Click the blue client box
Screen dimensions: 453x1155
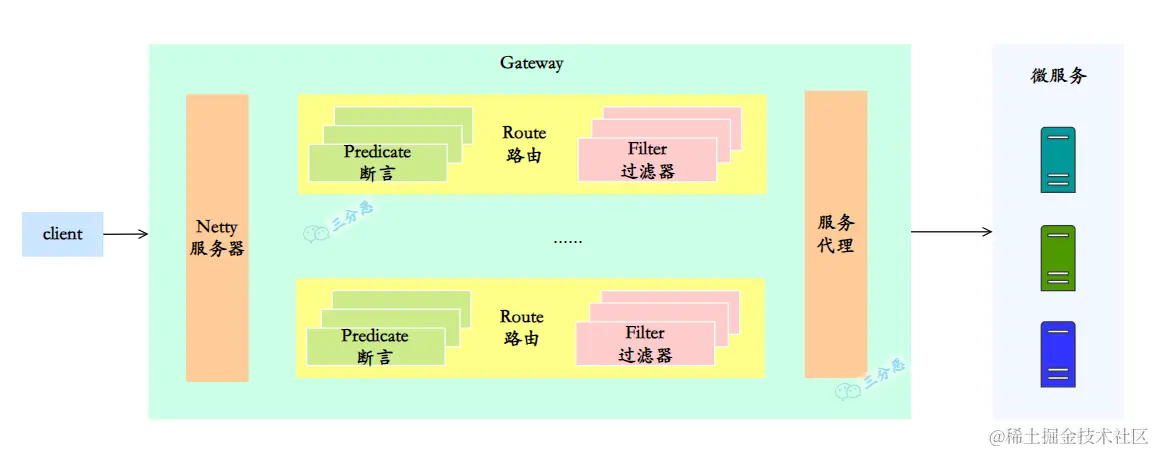pos(62,234)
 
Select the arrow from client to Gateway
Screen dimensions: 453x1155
pos(125,234)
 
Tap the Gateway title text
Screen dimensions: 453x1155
pos(531,63)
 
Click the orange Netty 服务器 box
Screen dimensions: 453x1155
pos(217,238)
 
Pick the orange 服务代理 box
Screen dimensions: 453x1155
pos(835,234)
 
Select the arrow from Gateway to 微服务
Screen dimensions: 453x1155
pos(950,232)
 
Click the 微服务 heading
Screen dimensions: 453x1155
pos(1058,76)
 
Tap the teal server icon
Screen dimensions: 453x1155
pos(1057,159)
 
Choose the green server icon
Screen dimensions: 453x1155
pos(1057,258)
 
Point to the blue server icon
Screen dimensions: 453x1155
pos(1057,354)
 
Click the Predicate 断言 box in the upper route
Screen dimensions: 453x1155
pos(377,162)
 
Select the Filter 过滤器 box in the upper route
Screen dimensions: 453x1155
pos(647,160)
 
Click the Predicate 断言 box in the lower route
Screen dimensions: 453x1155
pos(375,346)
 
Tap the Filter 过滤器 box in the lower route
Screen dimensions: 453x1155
pos(645,343)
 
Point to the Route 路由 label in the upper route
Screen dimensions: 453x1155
pos(524,144)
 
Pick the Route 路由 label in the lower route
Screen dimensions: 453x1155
pos(522,328)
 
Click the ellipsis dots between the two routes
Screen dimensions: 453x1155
pos(567,241)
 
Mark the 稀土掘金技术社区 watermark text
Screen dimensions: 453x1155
pos(1068,436)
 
